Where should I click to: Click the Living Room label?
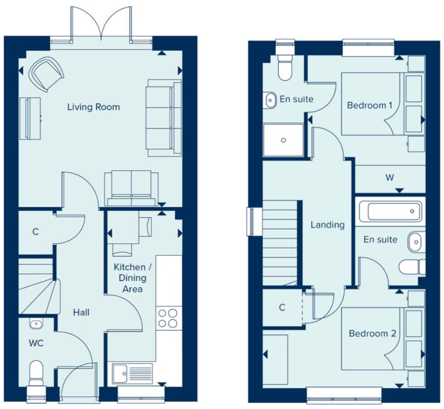point(94,107)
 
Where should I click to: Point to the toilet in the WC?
point(36,372)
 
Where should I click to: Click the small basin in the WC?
point(36,324)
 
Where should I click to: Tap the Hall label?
point(81,313)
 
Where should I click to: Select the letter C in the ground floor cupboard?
point(35,232)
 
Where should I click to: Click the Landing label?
point(327,225)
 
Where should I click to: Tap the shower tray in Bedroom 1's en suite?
point(284,140)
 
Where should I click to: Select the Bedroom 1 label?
point(369,105)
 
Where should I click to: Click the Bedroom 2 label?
point(372,333)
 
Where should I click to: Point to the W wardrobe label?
point(390,178)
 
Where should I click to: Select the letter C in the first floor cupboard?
point(282,308)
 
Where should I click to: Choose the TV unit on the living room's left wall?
point(30,118)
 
